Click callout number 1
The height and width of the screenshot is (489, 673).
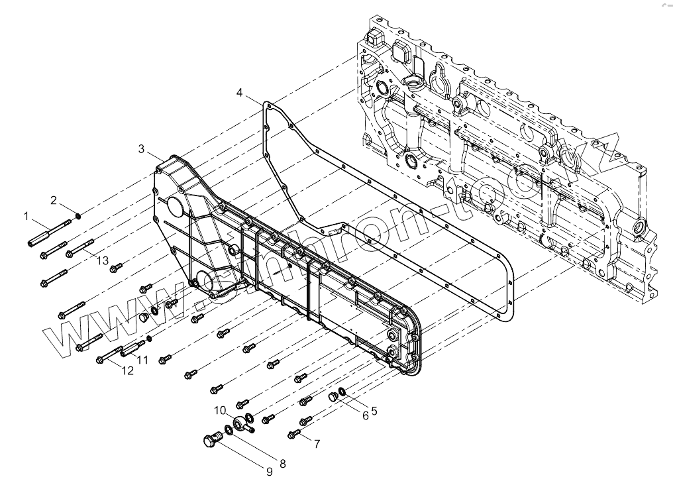(x=26, y=216)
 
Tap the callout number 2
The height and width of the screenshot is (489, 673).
(x=54, y=199)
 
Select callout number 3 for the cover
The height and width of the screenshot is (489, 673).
(x=142, y=148)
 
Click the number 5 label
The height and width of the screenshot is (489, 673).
(x=374, y=411)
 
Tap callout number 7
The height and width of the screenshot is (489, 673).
(x=317, y=443)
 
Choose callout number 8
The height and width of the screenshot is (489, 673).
(x=283, y=464)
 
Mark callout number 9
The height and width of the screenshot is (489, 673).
(x=270, y=472)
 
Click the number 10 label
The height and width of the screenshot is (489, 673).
(x=220, y=409)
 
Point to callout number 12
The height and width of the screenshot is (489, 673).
(x=127, y=370)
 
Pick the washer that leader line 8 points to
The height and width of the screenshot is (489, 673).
(x=227, y=431)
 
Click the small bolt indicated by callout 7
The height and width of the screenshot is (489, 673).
(x=294, y=434)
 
